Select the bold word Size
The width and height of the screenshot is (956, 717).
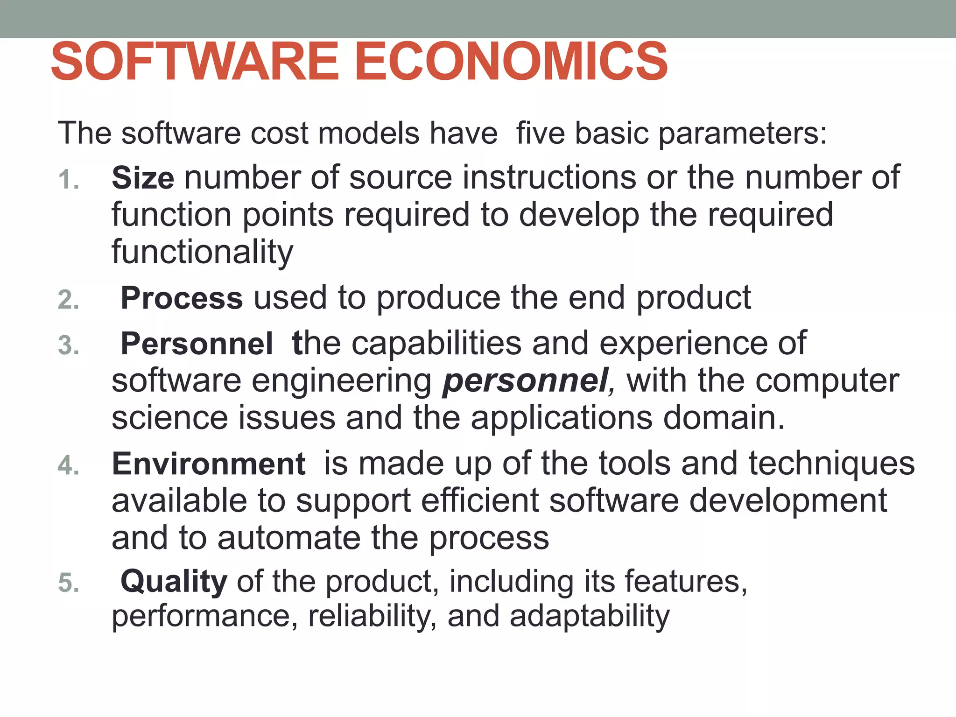[143, 178]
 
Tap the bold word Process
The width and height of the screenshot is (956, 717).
[182, 298]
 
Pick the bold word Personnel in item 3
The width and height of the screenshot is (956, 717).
[197, 344]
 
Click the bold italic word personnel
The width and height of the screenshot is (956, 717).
[525, 381]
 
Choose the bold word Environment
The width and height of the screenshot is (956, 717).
[209, 464]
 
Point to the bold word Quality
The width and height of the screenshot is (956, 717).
[174, 582]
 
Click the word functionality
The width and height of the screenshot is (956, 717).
[202, 252]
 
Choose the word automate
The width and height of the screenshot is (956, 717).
[289, 538]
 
